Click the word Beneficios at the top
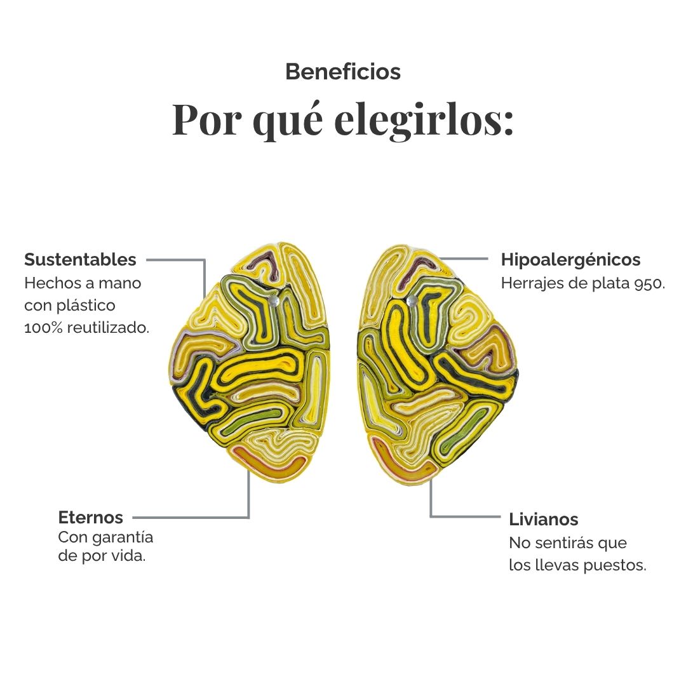pos(343,72)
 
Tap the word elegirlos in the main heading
pos(424,119)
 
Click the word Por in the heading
pos(206,119)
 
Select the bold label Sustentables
pos(80,259)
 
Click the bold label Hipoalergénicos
pos(570,260)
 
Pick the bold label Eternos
pos(91,517)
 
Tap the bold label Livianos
pos(543,520)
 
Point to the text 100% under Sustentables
pos(43,327)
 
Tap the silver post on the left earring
pos(273,301)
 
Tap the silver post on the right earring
pos(412,301)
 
